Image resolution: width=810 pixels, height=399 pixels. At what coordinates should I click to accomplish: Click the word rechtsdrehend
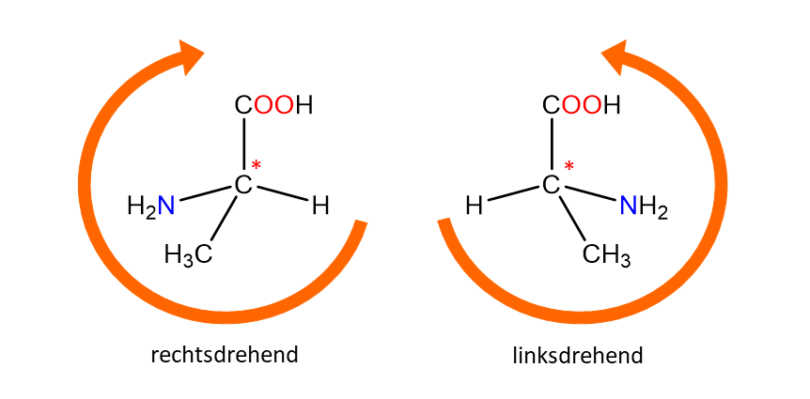(x=225, y=355)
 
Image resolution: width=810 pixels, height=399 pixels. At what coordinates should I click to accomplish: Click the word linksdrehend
(x=578, y=356)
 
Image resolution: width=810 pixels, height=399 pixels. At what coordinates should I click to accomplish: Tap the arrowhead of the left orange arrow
(x=190, y=55)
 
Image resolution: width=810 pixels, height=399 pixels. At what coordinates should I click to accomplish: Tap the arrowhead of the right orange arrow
(x=615, y=55)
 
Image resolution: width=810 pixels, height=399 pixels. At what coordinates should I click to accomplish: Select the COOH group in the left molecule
(x=273, y=105)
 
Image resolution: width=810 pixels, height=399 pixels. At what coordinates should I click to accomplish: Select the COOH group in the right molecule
(x=581, y=105)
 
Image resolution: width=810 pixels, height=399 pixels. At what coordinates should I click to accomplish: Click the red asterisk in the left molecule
(x=257, y=166)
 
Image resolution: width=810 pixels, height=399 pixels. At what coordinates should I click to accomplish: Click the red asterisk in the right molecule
(x=569, y=166)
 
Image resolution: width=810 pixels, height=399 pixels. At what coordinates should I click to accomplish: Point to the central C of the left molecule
(x=242, y=184)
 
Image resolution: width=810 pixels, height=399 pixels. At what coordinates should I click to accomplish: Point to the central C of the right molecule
(x=552, y=184)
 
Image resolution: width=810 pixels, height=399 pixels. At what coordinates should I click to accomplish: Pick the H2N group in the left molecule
(x=151, y=207)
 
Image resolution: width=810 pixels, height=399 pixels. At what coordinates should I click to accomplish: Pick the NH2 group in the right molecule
(x=644, y=207)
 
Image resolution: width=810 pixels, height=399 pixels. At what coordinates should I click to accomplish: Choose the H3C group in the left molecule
(x=188, y=254)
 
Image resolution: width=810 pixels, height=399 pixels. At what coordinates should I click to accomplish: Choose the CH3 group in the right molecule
(x=606, y=254)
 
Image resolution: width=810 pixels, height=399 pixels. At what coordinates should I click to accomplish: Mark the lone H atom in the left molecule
(x=320, y=207)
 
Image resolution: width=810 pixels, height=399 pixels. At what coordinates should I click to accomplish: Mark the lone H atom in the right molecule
(x=475, y=207)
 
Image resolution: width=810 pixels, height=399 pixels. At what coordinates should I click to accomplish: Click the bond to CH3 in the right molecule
(x=572, y=218)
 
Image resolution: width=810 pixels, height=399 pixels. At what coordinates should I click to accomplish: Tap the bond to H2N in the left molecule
(x=206, y=194)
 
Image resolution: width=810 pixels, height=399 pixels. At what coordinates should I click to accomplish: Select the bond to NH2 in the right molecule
(x=589, y=194)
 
